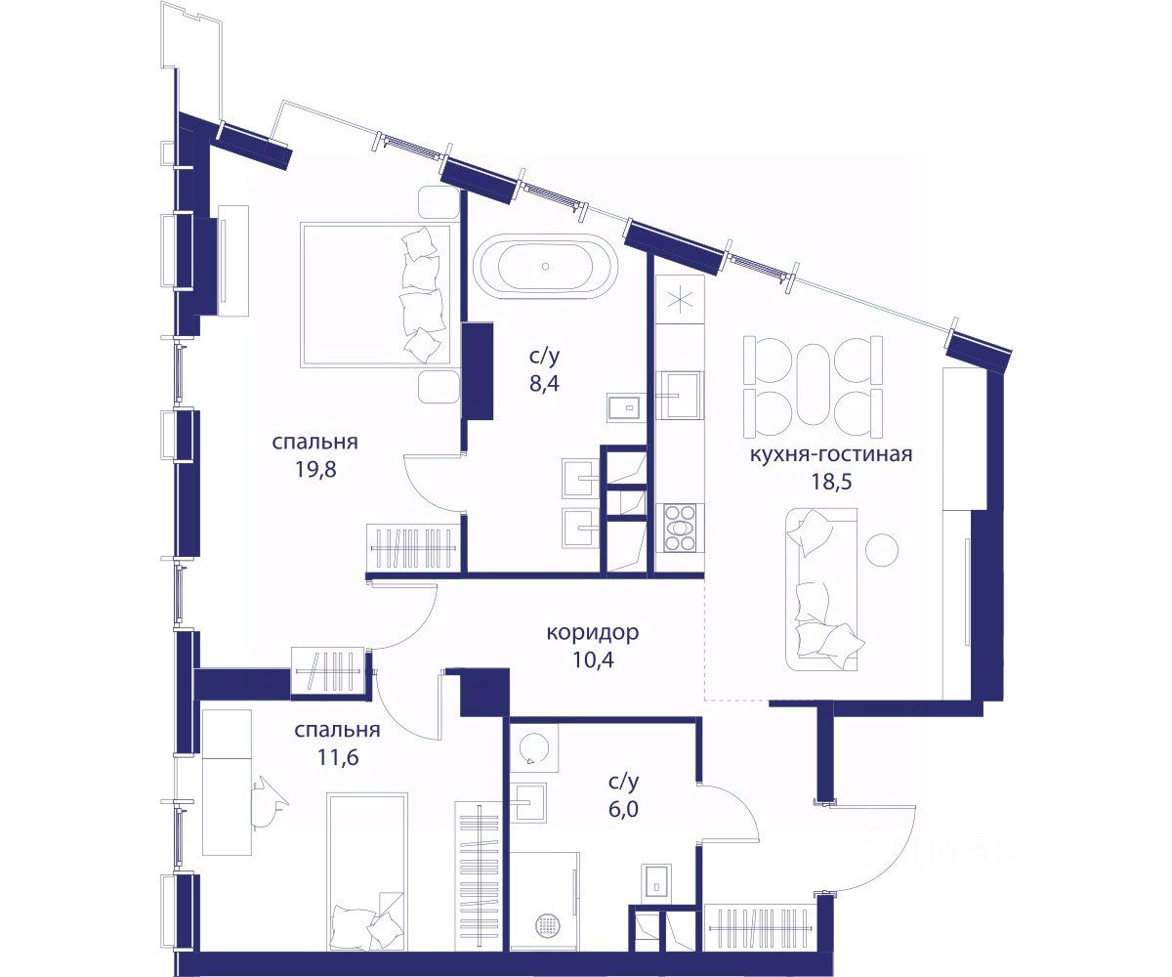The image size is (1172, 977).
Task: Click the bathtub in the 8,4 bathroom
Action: click(x=547, y=268)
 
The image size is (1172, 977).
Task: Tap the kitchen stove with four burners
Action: click(x=680, y=528)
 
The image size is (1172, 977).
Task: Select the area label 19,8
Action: click(x=315, y=469)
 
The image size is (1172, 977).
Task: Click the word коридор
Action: click(x=593, y=632)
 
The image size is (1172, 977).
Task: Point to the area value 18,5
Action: click(x=831, y=482)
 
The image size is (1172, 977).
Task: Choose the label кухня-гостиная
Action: click(x=831, y=453)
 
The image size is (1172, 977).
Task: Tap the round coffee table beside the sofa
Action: click(x=882, y=550)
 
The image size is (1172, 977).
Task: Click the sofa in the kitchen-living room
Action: click(x=821, y=589)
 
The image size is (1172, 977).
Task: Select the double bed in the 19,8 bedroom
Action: click(x=376, y=295)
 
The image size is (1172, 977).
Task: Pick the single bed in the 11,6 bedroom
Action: click(x=367, y=871)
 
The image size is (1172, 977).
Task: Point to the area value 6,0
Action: click(x=623, y=809)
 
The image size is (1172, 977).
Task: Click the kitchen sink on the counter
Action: click(x=681, y=395)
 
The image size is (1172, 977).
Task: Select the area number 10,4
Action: click(x=593, y=659)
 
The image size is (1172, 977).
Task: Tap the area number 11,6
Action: click(x=338, y=757)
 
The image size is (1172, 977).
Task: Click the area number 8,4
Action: click(x=544, y=384)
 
